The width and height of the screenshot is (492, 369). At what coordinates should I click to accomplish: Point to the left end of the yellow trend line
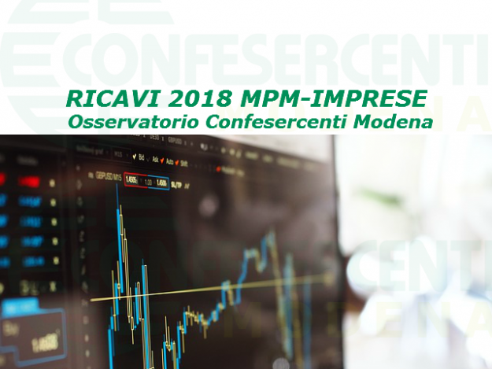(x=93, y=299)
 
